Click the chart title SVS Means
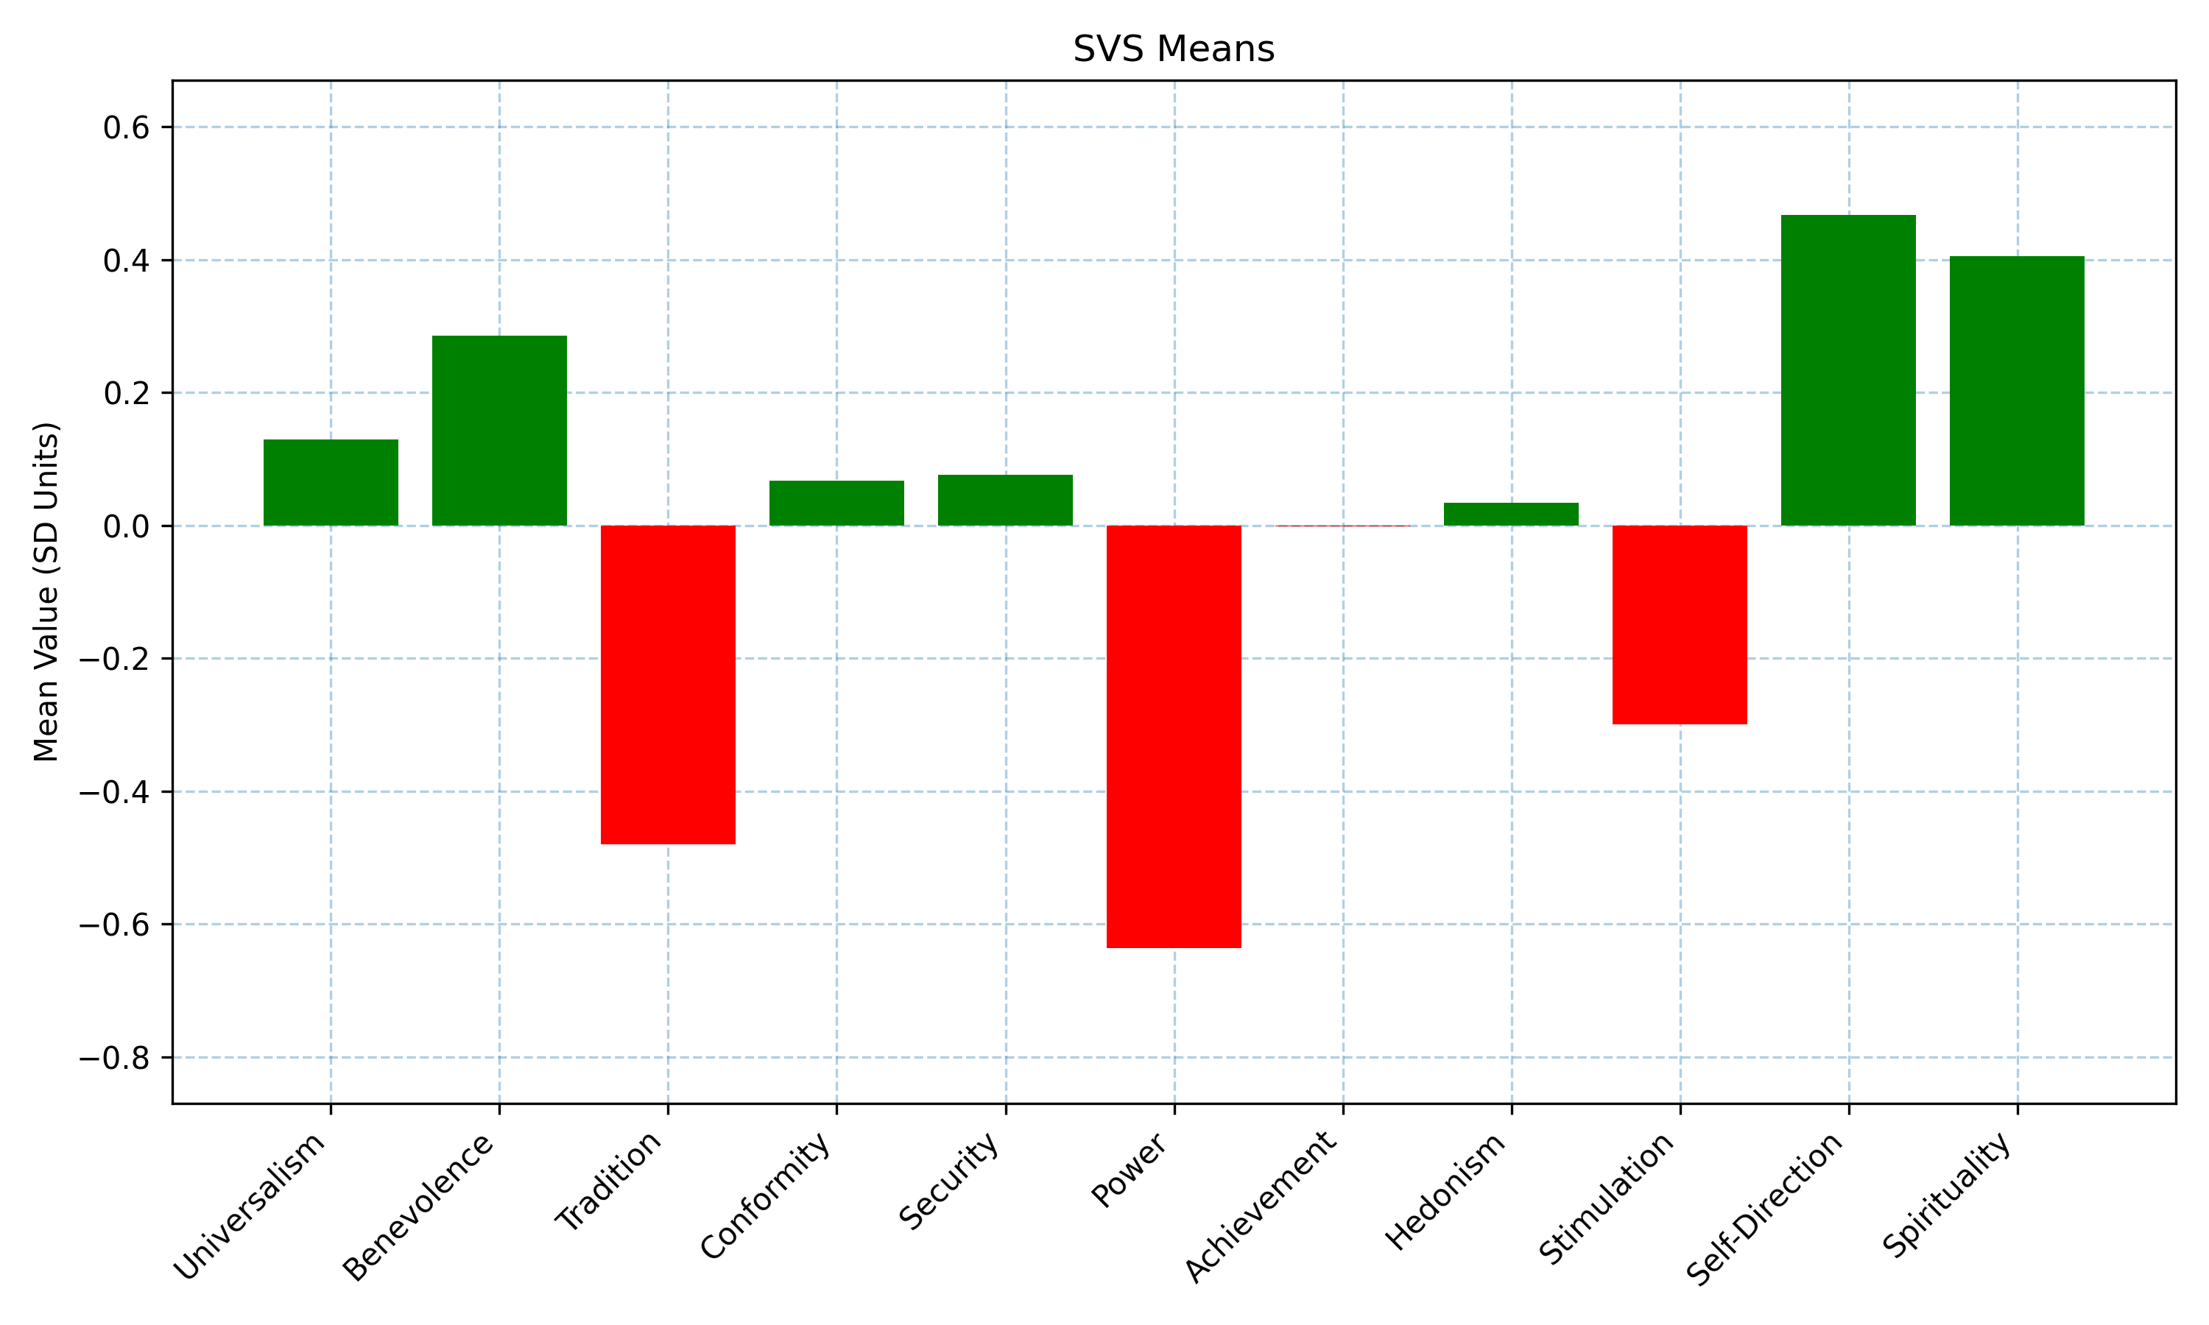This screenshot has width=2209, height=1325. pyautogui.click(x=1173, y=49)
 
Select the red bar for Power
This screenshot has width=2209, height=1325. pyautogui.click(x=1173, y=737)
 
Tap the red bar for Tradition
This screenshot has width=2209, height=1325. pyautogui.click(x=668, y=685)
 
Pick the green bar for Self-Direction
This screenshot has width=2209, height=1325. pyautogui.click(x=1848, y=370)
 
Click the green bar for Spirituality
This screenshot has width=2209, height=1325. pyautogui.click(x=2017, y=391)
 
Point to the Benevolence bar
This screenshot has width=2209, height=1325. pyautogui.click(x=499, y=431)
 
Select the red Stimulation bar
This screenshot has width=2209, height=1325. pyautogui.click(x=1680, y=625)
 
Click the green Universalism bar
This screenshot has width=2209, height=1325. pyautogui.click(x=331, y=482)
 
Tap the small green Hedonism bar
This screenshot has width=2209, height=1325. pyautogui.click(x=1511, y=515)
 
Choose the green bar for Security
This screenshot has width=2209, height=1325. pyautogui.click(x=1005, y=500)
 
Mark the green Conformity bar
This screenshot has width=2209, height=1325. pyautogui.click(x=836, y=504)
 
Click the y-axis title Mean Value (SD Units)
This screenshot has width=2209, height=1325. pyautogui.click(x=46, y=592)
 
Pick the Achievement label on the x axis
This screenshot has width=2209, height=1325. pyautogui.click(x=1261, y=1206)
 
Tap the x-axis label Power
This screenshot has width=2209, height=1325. pyautogui.click(x=1130, y=1170)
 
